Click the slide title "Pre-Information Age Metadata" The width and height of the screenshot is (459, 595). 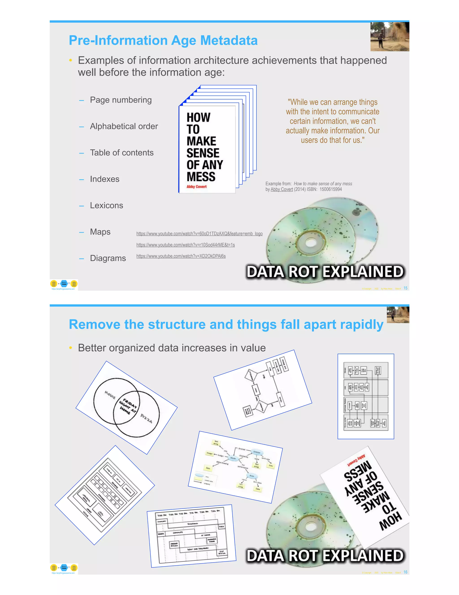coord(163,40)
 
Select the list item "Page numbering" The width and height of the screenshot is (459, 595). coord(121,100)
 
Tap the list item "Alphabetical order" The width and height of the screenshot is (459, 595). coord(124,126)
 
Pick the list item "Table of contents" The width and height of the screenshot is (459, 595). coord(121,153)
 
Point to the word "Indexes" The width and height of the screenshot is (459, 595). coord(105,179)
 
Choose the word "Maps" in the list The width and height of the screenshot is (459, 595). coord(100,232)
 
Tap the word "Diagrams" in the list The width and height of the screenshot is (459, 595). coord(108,258)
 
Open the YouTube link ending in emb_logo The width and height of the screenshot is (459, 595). coord(199,234)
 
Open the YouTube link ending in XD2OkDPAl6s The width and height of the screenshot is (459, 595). coord(181,256)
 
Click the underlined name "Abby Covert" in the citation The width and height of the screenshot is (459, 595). coord(282,189)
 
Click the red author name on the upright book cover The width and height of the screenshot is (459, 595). coord(196,187)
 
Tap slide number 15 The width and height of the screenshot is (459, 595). coord(405,288)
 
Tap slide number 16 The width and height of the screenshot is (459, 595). coord(405,572)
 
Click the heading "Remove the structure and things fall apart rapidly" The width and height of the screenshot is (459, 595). coord(226,324)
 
